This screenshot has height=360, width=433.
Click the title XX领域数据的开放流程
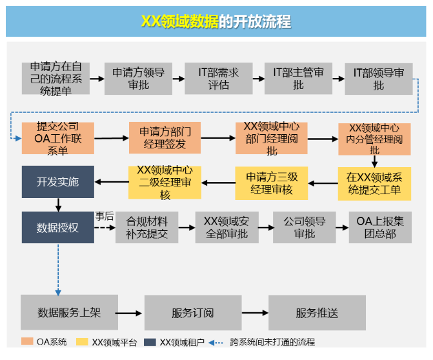216,21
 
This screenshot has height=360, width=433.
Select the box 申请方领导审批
138,79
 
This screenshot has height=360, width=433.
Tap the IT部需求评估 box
218,79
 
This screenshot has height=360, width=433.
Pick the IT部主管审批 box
298,79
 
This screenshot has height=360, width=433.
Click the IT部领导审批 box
379,79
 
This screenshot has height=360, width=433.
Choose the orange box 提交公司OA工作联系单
58,138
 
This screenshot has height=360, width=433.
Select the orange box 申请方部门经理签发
165,138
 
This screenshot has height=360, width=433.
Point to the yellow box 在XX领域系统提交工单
374,184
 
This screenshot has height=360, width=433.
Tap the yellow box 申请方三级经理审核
272,183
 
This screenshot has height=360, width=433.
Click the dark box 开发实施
58,182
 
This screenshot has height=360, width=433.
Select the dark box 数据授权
58,228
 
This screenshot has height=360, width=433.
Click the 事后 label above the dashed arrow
105,216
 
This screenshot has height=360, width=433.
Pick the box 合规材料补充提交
146,228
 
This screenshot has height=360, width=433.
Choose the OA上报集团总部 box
380,228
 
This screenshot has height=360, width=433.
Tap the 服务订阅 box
193,313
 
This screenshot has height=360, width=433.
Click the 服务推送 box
317,313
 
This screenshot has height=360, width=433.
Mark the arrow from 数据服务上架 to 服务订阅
128,314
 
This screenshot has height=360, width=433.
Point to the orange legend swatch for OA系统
27,341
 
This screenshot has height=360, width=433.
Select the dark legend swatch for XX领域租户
150,342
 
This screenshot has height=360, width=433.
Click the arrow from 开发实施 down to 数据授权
58,205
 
